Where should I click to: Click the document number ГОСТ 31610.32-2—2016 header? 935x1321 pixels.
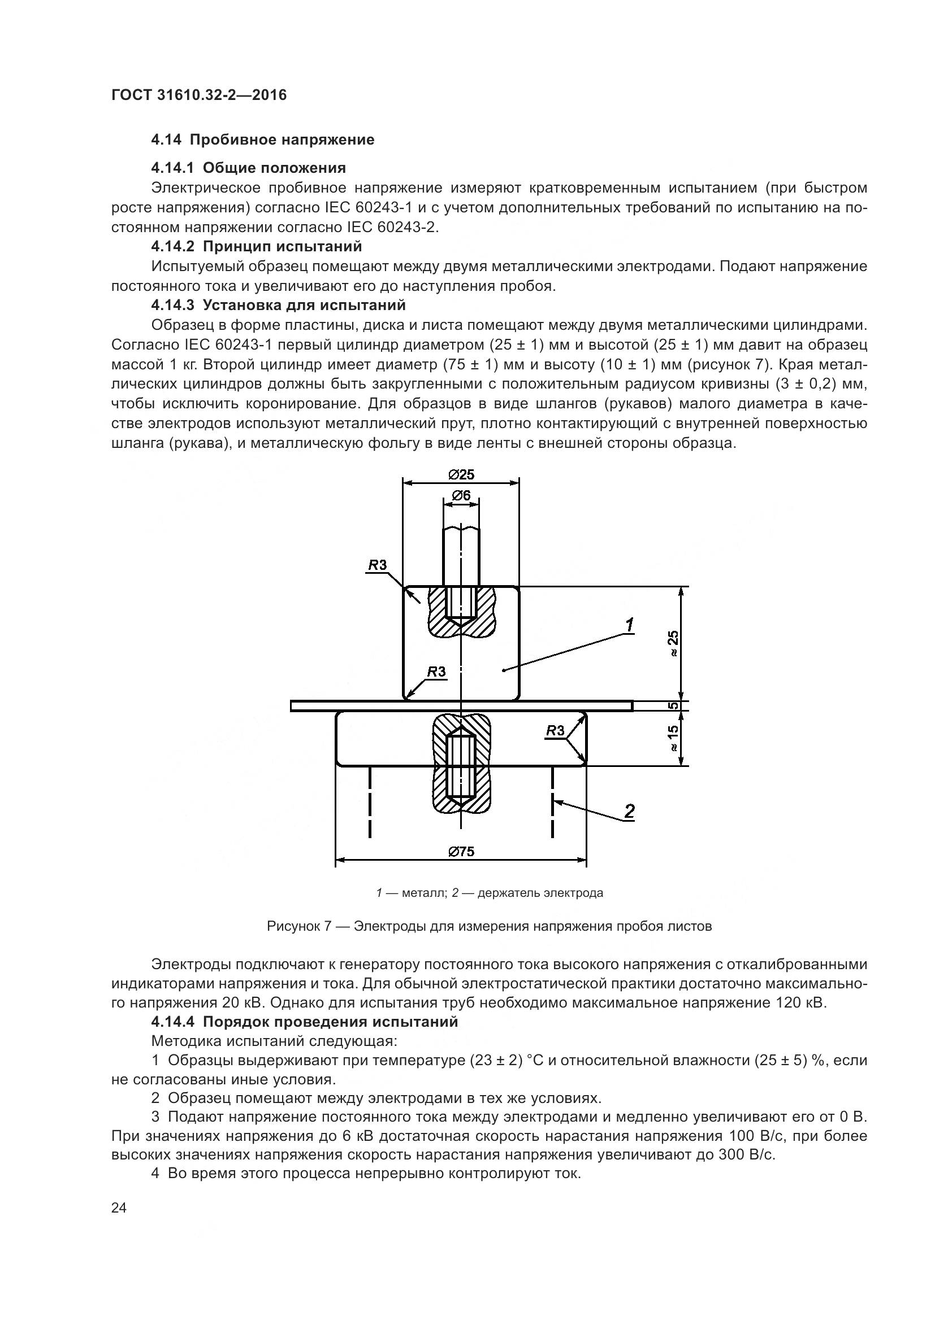(198, 95)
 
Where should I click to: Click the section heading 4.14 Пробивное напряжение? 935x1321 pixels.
(262, 140)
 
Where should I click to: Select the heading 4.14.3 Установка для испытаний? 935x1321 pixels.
(278, 305)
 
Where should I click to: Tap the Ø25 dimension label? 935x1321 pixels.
(461, 474)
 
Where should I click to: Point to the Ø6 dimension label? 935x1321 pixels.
(461, 495)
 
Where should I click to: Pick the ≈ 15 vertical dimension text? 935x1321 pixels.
(673, 739)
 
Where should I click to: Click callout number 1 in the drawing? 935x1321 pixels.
(630, 625)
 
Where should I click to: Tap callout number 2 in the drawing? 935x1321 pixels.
(629, 812)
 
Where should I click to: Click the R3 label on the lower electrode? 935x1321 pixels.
(555, 731)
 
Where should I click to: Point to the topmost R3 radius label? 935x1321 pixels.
(377, 565)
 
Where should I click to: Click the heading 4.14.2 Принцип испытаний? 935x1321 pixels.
(257, 247)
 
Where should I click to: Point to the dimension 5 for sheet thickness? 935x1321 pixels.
(673, 706)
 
